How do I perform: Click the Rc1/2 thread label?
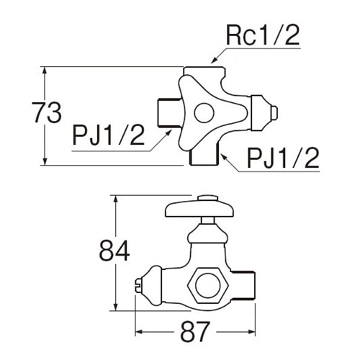[x=263, y=35]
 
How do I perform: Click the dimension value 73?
[x=47, y=112]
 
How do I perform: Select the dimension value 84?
[x=114, y=251]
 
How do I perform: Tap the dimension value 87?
[x=195, y=332]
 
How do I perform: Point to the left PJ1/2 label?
[x=109, y=135]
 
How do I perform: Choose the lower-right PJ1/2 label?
[x=283, y=158]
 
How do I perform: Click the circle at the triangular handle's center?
[x=204, y=113]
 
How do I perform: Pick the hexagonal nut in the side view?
[x=207, y=285]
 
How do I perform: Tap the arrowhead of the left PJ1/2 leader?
[x=169, y=133]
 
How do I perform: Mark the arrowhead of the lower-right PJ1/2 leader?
[x=224, y=157]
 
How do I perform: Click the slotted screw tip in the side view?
[x=138, y=286]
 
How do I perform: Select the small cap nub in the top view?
[x=274, y=112]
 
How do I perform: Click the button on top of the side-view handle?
[x=208, y=197]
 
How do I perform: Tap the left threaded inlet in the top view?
[x=169, y=112]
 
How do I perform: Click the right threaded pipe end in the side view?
[x=243, y=285]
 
